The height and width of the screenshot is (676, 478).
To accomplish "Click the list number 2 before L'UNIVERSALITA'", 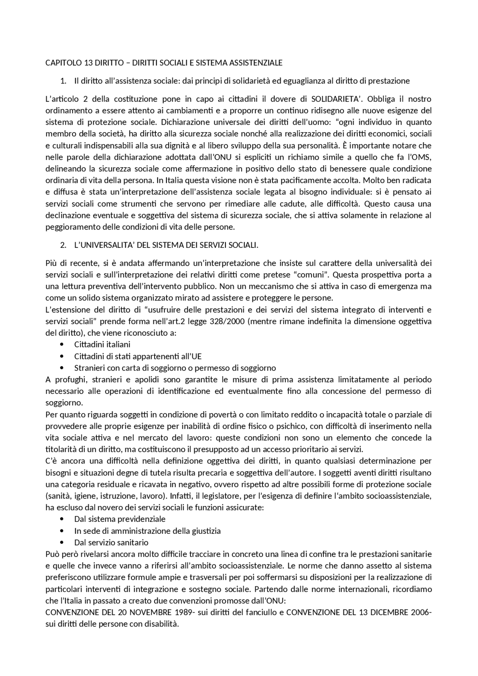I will [63, 245].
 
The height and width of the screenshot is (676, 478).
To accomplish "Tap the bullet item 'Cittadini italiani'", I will [102, 345].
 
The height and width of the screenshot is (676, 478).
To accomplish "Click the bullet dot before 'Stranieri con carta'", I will [62, 368].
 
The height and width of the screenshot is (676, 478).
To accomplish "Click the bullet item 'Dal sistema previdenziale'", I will [119, 519].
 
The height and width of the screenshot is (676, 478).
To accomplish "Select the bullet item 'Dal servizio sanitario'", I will [111, 543].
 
